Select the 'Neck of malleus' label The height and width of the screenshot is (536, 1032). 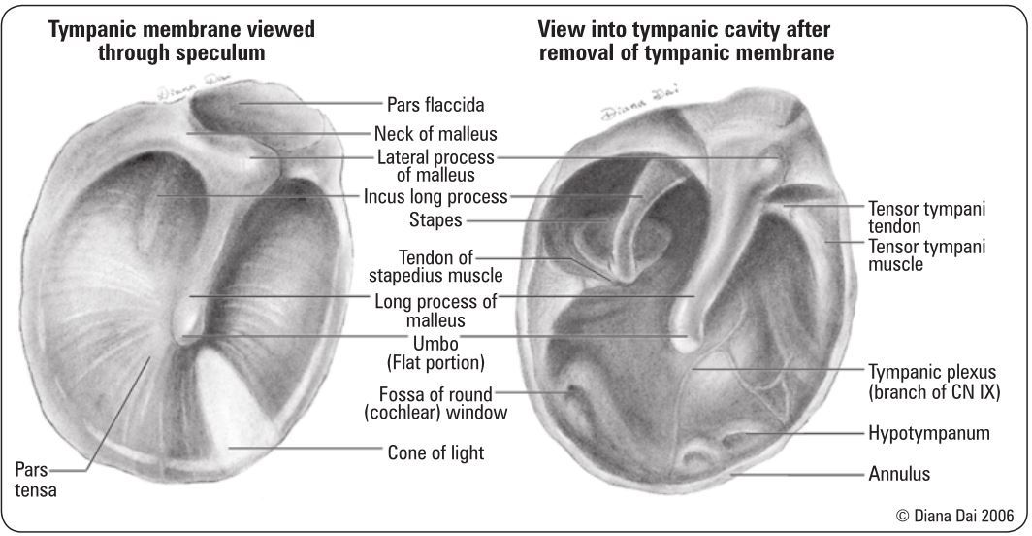435,134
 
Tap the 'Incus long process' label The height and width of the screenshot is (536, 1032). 435,197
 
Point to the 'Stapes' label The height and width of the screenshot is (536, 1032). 437,220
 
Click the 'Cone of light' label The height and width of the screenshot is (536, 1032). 435,452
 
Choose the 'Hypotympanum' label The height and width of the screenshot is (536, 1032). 928,433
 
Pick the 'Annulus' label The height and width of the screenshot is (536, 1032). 899,474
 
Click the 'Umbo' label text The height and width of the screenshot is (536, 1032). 435,345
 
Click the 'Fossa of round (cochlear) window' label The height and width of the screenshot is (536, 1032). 436,403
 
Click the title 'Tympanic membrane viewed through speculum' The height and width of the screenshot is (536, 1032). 181,42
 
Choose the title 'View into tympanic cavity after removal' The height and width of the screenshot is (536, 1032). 686,42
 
